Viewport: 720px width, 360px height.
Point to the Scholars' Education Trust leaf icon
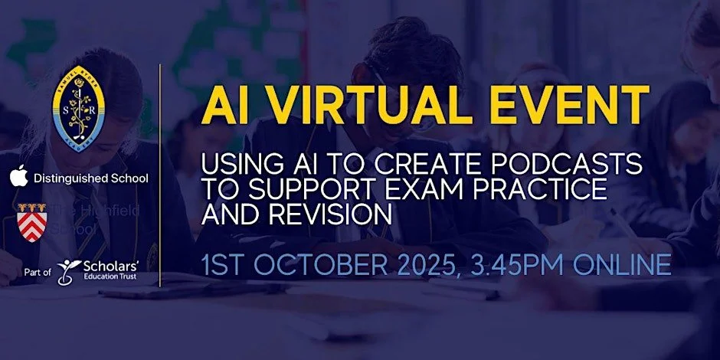(70, 269)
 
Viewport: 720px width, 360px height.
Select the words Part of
(38, 271)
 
